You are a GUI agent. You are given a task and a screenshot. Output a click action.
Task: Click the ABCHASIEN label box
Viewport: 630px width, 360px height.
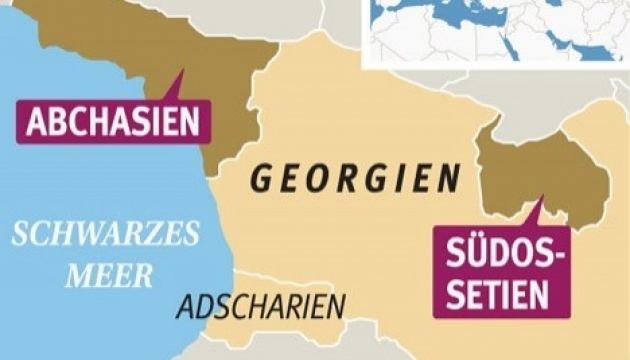(114, 122)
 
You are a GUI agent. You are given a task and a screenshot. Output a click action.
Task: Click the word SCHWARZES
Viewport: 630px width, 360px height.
(106, 236)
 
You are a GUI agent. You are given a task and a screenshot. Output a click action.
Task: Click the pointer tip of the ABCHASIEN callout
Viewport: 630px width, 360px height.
(184, 71)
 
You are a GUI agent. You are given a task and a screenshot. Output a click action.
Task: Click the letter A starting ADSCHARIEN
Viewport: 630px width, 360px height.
(184, 306)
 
